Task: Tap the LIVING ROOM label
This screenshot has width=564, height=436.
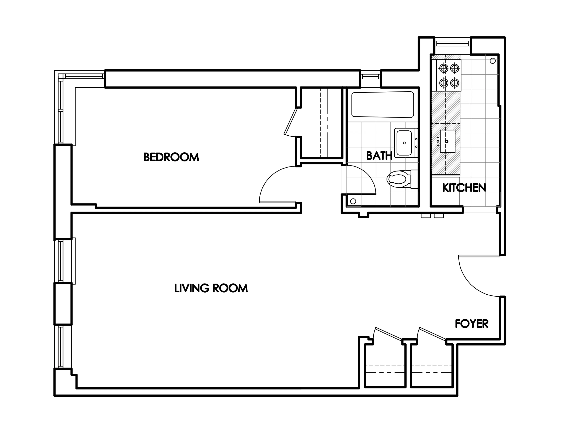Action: (211, 288)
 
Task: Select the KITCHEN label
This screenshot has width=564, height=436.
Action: (464, 188)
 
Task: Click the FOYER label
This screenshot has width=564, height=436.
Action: (472, 324)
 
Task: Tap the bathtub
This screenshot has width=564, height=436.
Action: (383, 105)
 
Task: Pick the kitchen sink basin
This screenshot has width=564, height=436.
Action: (448, 141)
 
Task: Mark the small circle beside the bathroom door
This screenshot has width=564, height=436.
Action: (353, 201)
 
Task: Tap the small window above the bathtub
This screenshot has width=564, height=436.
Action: (370, 76)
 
